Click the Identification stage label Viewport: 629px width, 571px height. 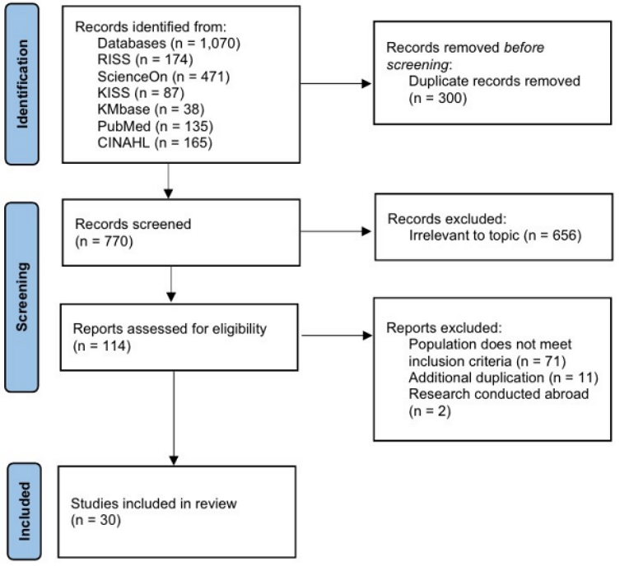22,84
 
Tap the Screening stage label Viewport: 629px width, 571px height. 22,297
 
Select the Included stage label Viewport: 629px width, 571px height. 24,511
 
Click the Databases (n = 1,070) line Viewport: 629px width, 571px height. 169,44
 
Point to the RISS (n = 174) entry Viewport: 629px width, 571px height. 145,59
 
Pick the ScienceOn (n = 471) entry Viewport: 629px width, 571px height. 164,77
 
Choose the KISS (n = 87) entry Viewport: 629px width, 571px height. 141,93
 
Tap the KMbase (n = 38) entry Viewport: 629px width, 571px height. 151,109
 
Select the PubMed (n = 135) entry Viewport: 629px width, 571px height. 156,126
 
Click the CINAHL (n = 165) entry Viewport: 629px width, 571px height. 155,143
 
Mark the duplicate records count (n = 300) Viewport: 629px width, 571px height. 438,98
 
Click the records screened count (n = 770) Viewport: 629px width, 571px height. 104,241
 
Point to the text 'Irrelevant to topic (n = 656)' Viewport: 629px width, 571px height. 496,235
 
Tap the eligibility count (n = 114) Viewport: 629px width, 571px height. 102,346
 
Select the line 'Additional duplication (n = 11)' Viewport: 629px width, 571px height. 503,378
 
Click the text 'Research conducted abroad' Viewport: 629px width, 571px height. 499,394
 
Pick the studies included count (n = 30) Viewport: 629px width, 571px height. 96,520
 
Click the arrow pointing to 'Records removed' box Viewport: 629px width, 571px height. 336,83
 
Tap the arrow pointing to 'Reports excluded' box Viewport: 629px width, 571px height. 337,335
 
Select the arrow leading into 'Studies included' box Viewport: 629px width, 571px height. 174,418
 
